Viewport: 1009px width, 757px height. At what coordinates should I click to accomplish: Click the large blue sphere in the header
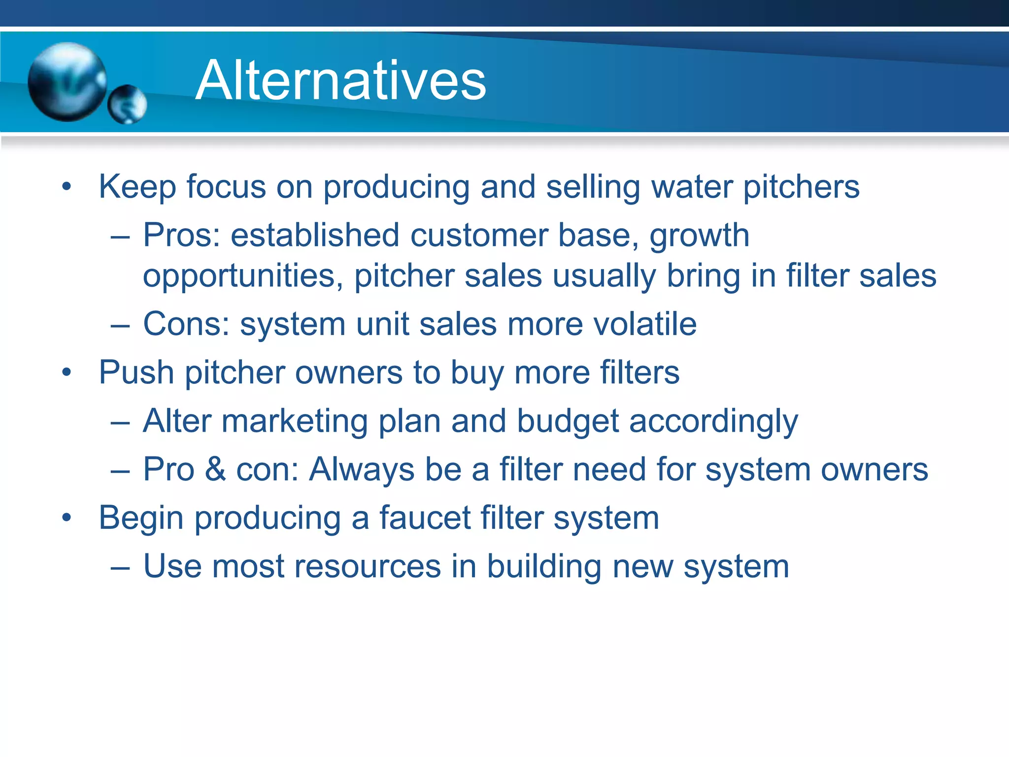(67, 81)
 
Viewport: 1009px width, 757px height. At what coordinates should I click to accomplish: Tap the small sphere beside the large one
(127, 104)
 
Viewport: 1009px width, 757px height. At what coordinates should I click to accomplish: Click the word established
(314, 235)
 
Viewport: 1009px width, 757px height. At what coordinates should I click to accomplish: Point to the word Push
(136, 372)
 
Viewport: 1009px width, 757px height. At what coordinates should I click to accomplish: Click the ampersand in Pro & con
(215, 469)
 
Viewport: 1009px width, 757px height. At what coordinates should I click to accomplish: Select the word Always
(362, 470)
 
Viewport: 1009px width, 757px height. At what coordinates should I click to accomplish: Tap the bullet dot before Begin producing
(67, 518)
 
